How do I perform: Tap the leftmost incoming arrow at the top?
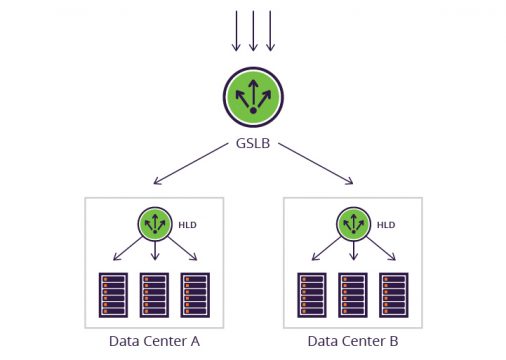[x=236, y=30]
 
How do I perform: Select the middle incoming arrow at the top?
[x=253, y=30]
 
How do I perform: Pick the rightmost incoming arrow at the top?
[x=270, y=30]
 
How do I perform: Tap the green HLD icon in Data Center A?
[x=154, y=222]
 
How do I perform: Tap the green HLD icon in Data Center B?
[x=352, y=222]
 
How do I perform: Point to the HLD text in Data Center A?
[x=186, y=225]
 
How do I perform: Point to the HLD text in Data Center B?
[x=384, y=225]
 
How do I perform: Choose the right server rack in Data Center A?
[x=194, y=294]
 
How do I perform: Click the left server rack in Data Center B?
[x=310, y=294]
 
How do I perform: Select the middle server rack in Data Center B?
[x=352, y=294]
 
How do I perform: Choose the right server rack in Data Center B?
[x=393, y=294]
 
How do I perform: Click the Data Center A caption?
[x=154, y=341]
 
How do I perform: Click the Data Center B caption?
[x=352, y=341]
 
